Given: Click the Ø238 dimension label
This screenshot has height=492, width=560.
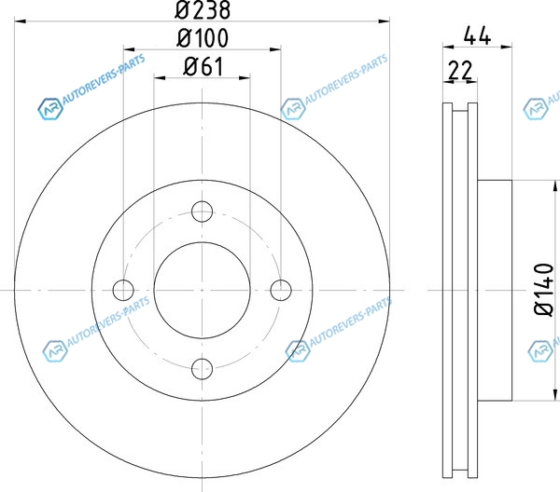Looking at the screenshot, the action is pos(203,9).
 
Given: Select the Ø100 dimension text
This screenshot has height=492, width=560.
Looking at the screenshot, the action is pos(203,38).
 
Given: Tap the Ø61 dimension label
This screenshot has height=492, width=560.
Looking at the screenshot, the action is pos(203,67).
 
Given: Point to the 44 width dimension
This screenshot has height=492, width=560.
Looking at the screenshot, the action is pos(477,35).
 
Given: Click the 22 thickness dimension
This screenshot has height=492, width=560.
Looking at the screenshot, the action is pos(460,71).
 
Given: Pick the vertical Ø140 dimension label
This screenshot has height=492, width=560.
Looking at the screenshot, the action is pos(544,289).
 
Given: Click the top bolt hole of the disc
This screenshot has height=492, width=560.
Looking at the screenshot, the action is pos(203,212).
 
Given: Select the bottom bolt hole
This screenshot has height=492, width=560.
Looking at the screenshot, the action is pos(203,369).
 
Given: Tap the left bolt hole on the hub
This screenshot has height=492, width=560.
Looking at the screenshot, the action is pos(123,290).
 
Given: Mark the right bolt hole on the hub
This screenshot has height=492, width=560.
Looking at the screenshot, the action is pos(281,290).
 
